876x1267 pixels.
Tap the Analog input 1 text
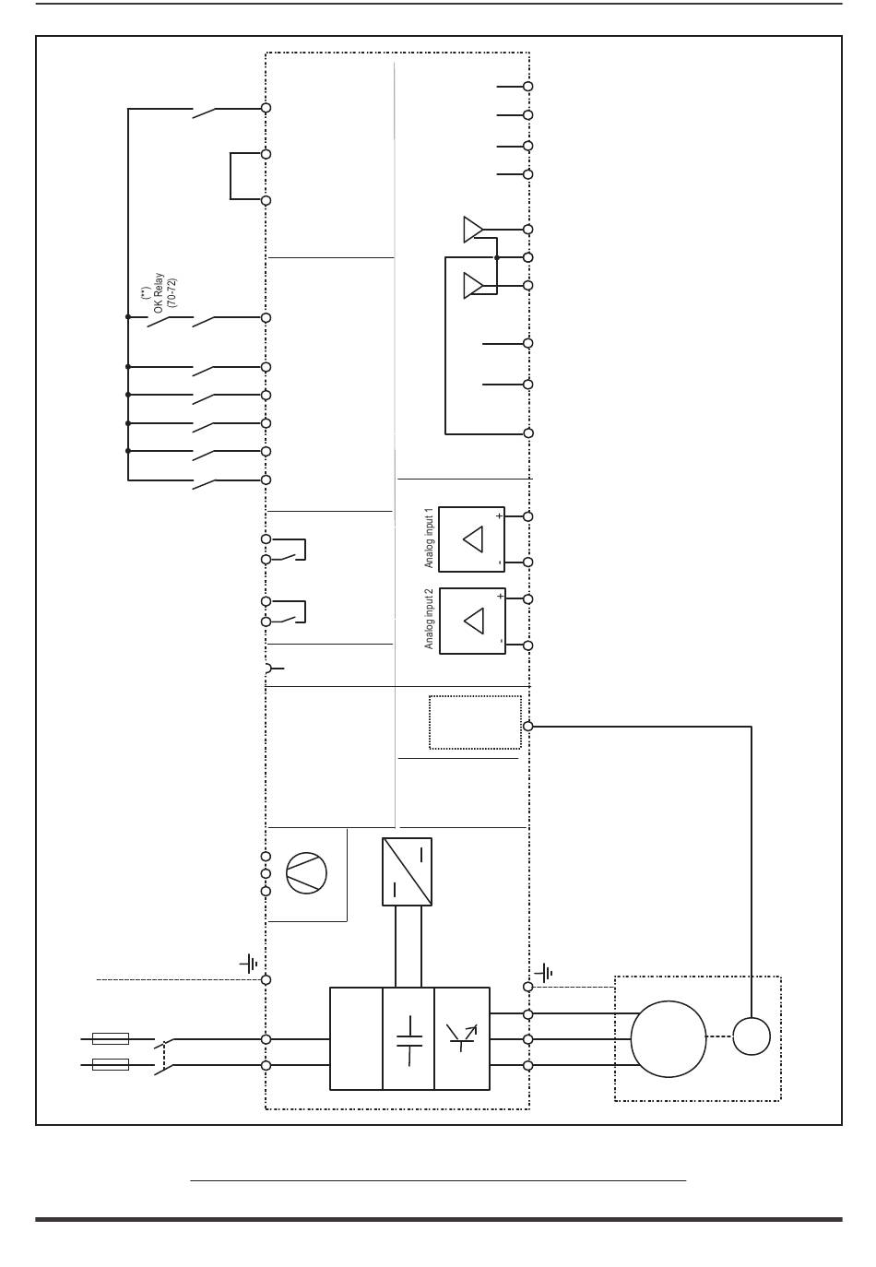(429, 538)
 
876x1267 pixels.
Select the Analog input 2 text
(429, 619)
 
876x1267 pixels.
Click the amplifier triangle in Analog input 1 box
(473, 539)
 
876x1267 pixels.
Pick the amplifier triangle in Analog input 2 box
(474, 621)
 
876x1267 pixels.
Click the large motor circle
(669, 1038)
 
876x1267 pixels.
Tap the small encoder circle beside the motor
(751, 1036)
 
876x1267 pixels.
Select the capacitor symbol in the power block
(409, 1041)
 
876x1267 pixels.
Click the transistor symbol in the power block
(461, 1036)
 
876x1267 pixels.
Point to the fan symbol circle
(306, 872)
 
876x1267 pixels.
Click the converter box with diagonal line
(407, 871)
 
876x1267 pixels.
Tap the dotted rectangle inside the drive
(475, 722)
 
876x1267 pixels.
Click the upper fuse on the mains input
(111, 1038)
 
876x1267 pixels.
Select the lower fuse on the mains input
(111, 1064)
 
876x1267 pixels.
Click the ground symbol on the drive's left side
(249, 963)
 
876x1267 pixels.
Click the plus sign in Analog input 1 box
(499, 515)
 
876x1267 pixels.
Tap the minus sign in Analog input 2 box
(501, 641)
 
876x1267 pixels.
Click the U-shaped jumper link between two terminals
(231, 176)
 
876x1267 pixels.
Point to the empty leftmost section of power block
(356, 1038)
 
